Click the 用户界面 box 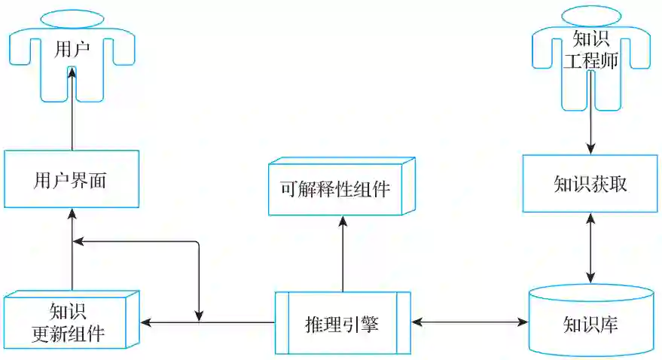[72, 179]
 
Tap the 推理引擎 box [343, 322]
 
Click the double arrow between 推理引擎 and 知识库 [470, 322]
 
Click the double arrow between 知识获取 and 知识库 [590, 249]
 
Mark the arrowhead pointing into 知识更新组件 [147, 322]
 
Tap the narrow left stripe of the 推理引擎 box [282, 322]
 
